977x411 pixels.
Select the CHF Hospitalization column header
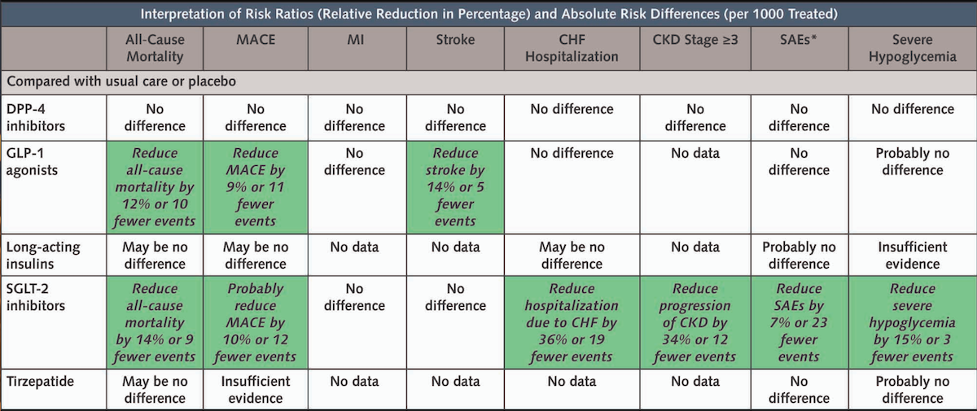pyautogui.click(x=572, y=48)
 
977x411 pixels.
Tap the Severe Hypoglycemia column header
pyautogui.click(x=913, y=48)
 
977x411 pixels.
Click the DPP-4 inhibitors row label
pyautogui.click(x=36, y=117)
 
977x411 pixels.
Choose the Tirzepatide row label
pyautogui.click(x=40, y=382)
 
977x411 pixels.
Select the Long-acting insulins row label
pyautogui.click(x=43, y=256)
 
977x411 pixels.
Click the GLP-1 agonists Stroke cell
pyautogui.click(x=455, y=187)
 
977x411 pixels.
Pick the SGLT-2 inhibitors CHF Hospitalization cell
pyautogui.click(x=572, y=322)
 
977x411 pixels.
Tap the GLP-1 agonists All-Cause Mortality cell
pyautogui.click(x=155, y=187)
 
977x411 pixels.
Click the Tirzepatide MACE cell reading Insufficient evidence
pyautogui.click(x=256, y=390)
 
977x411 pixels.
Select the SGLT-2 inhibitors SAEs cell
pyautogui.click(x=799, y=322)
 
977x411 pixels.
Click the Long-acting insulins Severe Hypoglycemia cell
pyautogui.click(x=913, y=256)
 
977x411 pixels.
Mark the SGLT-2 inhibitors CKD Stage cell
pyautogui.click(x=694, y=322)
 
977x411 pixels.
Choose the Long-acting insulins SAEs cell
pyautogui.click(x=799, y=256)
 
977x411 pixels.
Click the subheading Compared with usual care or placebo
pyautogui.click(x=121, y=81)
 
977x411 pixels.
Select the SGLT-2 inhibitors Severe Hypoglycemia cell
pyautogui.click(x=913, y=322)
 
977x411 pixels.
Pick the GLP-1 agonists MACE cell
pyautogui.click(x=256, y=187)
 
